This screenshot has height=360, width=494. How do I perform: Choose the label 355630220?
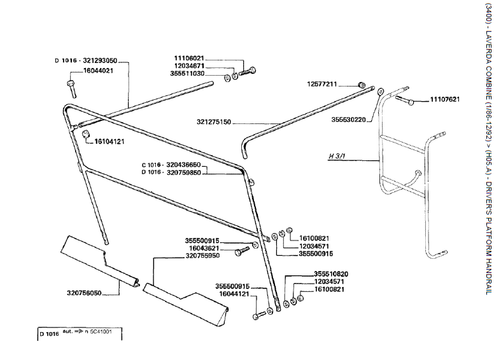pos(348,119)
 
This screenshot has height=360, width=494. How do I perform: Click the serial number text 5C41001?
pos(103,333)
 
